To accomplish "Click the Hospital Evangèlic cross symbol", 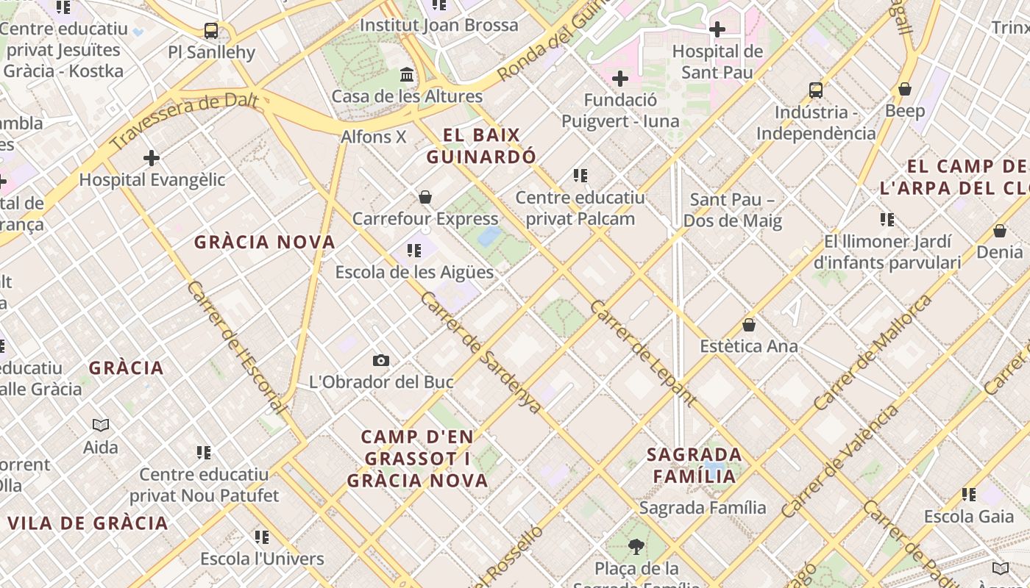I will pos(152,158).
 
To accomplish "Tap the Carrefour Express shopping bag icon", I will pos(425,197).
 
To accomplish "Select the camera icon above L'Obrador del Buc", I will pos(380,360).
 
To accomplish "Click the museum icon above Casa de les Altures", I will pos(407,75).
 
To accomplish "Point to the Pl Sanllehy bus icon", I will pos(211,31).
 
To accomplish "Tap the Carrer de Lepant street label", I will pos(642,354).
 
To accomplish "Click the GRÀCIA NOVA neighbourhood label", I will pos(265,242).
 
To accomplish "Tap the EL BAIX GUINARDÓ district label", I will pos(482,146).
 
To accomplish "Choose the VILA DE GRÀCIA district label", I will pos(88,523).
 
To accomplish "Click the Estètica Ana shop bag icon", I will pos(749,325).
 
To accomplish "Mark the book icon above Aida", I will pos(101,425).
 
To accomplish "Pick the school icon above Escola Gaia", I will pos(969,495).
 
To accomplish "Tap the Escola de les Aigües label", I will pos(414,272).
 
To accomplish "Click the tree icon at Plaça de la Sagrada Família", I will pos(636,547).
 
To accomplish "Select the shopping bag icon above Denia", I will pos(999,231).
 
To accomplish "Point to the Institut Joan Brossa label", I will pos(438,25).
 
